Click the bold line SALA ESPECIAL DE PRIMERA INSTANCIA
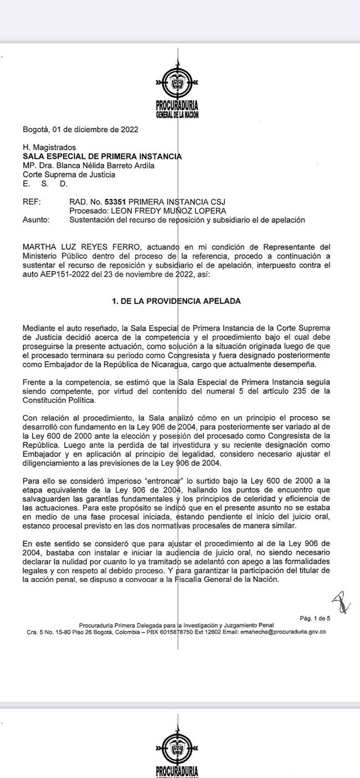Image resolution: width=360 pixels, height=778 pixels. pyautogui.click(x=102, y=157)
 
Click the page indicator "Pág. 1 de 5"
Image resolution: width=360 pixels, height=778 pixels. pyautogui.click(x=315, y=618)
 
